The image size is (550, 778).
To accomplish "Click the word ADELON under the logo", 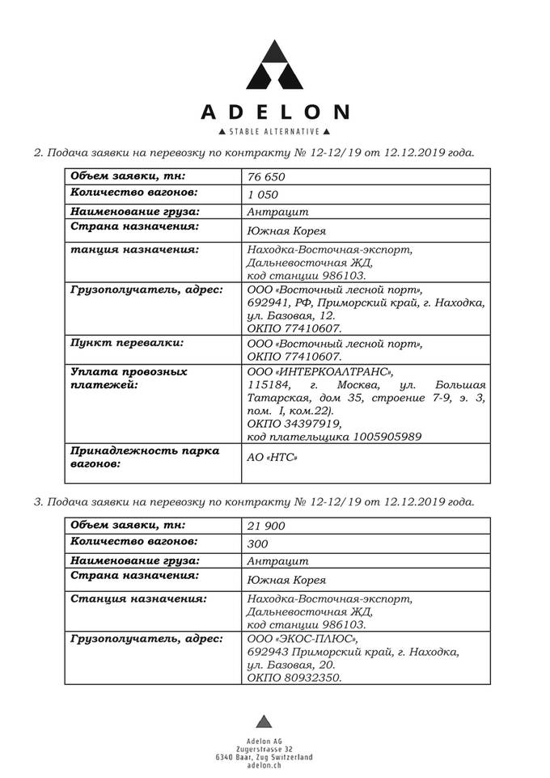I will click(x=275, y=112).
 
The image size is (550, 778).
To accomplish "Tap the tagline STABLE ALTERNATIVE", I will click(x=275, y=131).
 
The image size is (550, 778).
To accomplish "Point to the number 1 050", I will click(x=263, y=195).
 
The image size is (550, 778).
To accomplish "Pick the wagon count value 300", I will click(x=258, y=544).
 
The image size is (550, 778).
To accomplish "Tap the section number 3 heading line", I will click(x=253, y=501).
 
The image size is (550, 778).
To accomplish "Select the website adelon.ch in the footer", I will click(x=264, y=765).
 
